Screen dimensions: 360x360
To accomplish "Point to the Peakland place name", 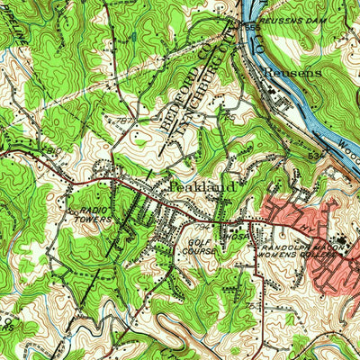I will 202,186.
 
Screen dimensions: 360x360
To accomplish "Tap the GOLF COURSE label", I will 202,247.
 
